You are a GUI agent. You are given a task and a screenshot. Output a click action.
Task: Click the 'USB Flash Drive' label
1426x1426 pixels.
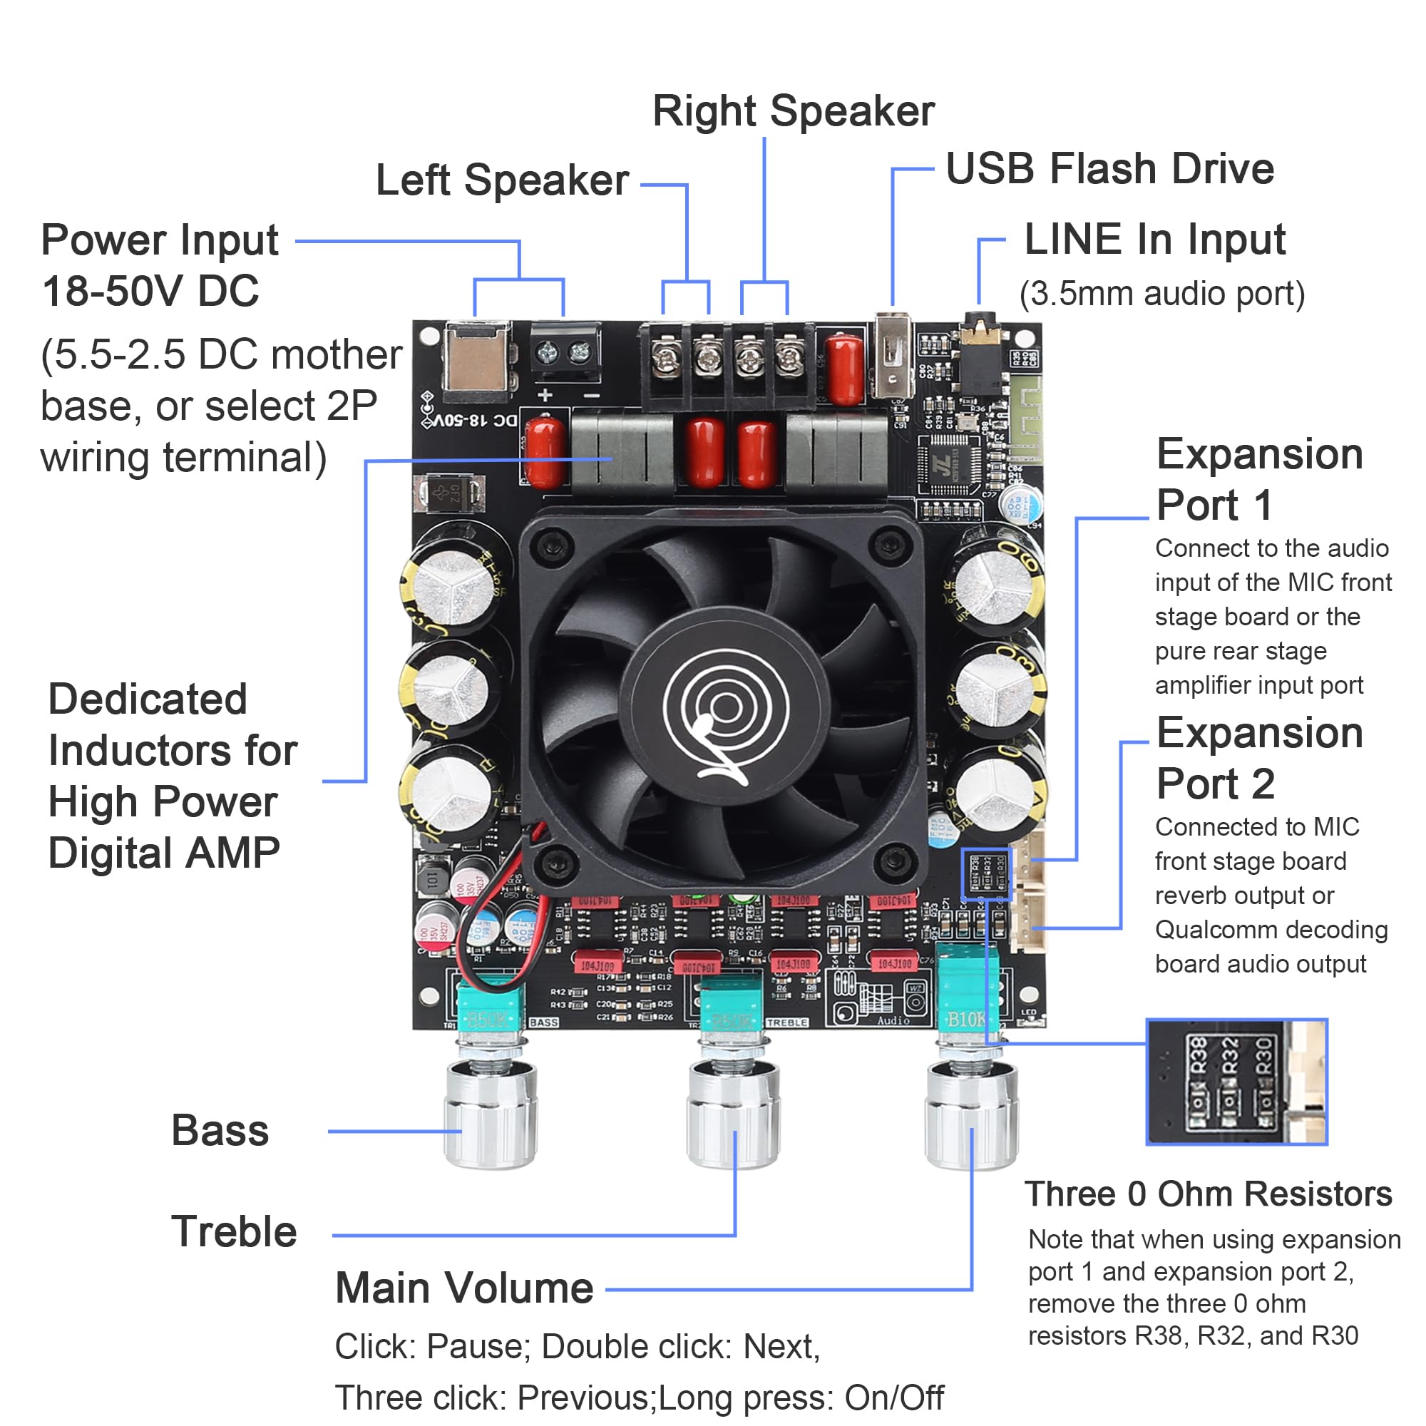tap(1109, 169)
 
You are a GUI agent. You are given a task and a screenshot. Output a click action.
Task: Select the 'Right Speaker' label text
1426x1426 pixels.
tap(794, 111)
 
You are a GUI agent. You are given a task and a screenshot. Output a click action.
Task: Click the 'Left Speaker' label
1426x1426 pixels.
tap(502, 180)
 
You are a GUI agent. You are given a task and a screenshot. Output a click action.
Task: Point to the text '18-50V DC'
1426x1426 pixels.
tap(150, 291)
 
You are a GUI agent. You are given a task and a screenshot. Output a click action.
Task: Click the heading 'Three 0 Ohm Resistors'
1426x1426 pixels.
tap(1208, 1194)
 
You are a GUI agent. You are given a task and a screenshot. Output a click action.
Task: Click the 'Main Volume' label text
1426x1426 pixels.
tap(464, 1288)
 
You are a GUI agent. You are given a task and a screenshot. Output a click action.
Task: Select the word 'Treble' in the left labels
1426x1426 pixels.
tap(234, 1231)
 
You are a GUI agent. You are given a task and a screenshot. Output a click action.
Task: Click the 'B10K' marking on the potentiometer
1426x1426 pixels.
tap(966, 1020)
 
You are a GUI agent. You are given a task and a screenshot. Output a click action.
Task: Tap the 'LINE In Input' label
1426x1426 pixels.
tap(1154, 240)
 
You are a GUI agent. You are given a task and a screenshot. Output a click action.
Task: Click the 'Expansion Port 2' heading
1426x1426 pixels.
tap(1258, 758)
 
